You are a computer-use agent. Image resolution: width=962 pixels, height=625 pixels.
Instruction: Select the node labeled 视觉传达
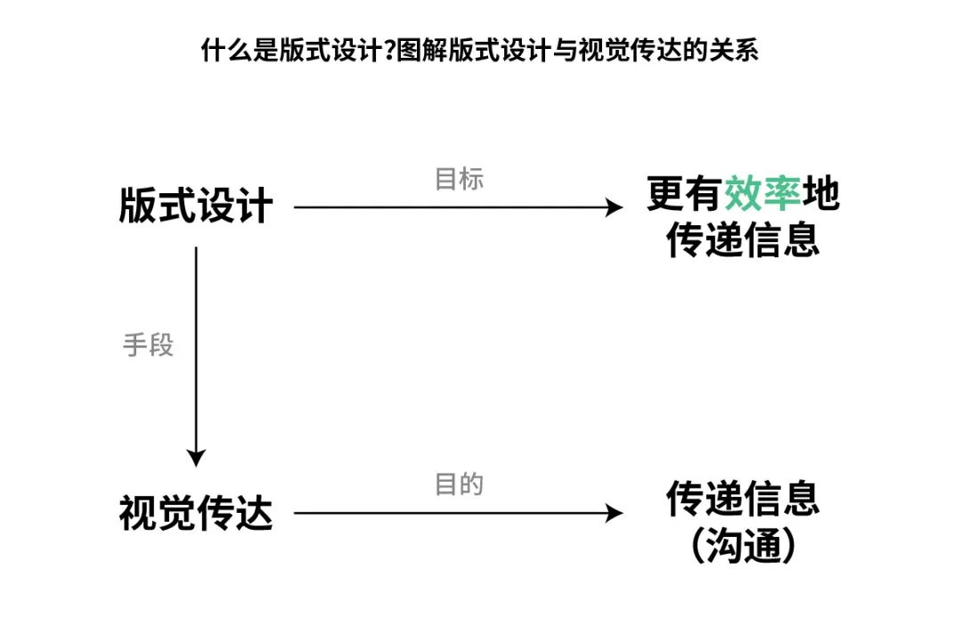pos(196,514)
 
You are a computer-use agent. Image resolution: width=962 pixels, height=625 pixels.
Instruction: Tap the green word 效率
pos(762,193)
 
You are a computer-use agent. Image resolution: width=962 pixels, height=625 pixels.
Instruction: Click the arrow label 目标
pos(459,179)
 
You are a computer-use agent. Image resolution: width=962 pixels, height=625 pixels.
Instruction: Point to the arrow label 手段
pos(148,345)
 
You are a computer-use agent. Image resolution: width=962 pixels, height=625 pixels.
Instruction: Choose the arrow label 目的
pos(459,485)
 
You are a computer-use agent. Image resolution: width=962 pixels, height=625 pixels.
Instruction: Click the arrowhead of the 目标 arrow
pos(616,207)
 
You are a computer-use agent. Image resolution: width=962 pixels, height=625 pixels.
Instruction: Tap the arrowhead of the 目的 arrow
pos(616,514)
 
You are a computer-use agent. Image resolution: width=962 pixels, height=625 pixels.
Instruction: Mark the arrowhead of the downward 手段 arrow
pos(196,459)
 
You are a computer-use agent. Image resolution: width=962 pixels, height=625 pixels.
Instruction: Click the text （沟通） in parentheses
pos(743,546)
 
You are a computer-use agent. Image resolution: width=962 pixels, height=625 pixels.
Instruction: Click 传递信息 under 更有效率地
pos(743,239)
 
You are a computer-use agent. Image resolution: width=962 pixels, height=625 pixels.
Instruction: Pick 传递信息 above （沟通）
pos(743,499)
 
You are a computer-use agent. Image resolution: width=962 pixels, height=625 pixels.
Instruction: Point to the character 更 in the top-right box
pos(665,193)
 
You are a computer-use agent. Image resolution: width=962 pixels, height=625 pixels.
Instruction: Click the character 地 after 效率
pos(820,193)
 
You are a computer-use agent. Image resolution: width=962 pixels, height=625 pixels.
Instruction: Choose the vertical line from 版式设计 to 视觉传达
pos(196,356)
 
